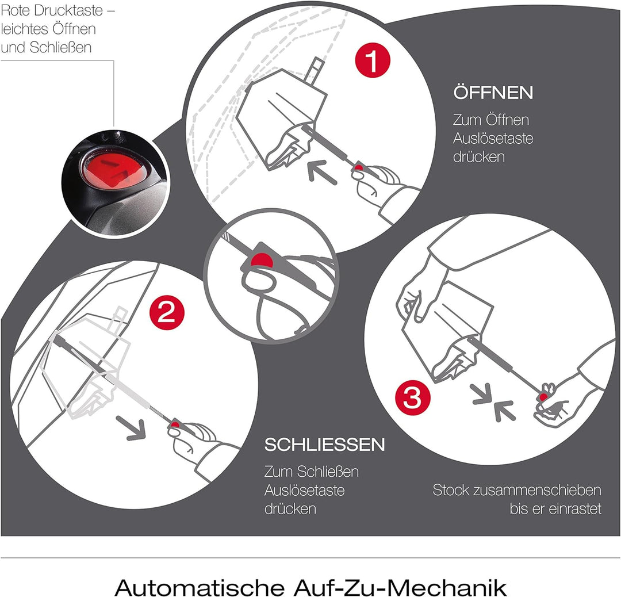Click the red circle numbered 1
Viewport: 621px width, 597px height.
(x=373, y=60)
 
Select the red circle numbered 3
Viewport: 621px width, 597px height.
(x=413, y=397)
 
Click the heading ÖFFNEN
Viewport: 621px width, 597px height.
(x=493, y=91)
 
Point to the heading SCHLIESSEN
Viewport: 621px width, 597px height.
(x=325, y=445)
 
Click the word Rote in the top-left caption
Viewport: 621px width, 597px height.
(x=16, y=11)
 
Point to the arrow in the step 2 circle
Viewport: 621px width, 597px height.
(x=132, y=428)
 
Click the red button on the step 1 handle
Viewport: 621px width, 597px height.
(x=358, y=169)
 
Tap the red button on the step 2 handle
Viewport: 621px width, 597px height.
(x=175, y=426)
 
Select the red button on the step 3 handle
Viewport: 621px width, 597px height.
(x=543, y=396)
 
